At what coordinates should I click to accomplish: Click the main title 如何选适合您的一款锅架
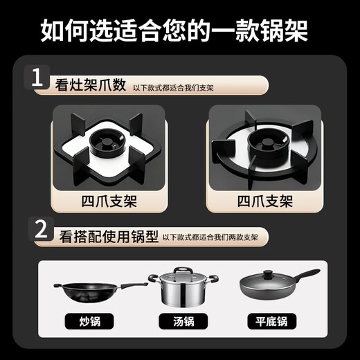[x=179, y=30]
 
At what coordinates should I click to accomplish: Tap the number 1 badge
[x=38, y=79]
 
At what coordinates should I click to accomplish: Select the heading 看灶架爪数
[x=91, y=85]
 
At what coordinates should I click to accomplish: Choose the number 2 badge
[x=41, y=231]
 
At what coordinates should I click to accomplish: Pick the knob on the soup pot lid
[x=183, y=271]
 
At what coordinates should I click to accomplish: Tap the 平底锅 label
[x=272, y=321]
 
